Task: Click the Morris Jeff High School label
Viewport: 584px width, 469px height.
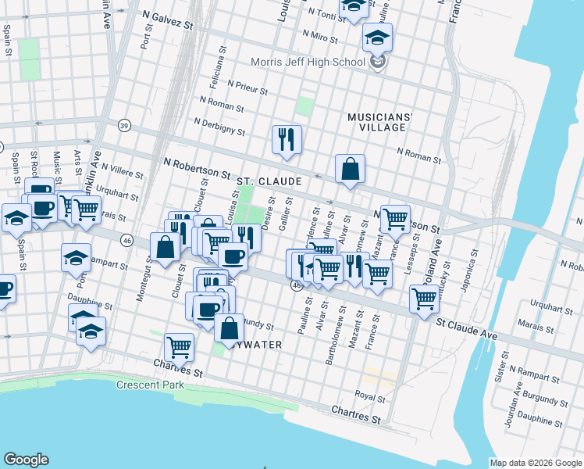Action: pyautogui.click(x=308, y=63)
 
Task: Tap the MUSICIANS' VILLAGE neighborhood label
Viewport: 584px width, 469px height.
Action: pyautogui.click(x=379, y=122)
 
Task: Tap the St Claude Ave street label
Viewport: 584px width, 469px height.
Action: pyautogui.click(x=466, y=324)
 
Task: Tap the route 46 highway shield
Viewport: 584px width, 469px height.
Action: pyautogui.click(x=126, y=241)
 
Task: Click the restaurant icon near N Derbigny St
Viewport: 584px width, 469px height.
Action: pyautogui.click(x=286, y=140)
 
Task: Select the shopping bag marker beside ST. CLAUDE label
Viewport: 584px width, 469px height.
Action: pyautogui.click(x=350, y=168)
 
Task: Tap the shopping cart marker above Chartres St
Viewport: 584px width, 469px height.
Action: pyautogui.click(x=179, y=346)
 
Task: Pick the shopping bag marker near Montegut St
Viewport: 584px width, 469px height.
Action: pyautogui.click(x=165, y=247)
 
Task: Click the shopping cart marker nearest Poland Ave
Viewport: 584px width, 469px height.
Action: pyautogui.click(x=423, y=298)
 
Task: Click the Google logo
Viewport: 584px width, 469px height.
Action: pyautogui.click(x=26, y=460)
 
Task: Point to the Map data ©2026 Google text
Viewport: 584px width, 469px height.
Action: pyautogui.click(x=536, y=463)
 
